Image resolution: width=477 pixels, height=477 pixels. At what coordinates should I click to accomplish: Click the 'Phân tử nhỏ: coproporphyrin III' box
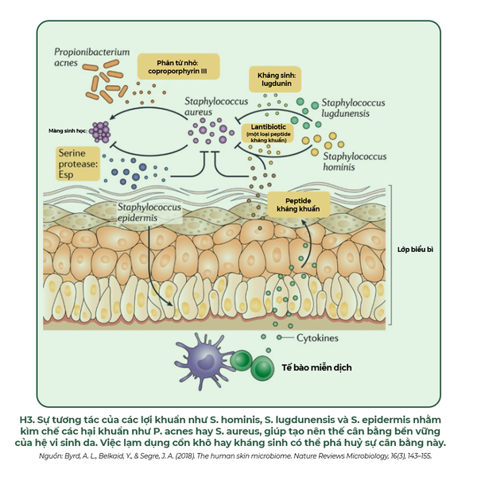[x=176, y=65]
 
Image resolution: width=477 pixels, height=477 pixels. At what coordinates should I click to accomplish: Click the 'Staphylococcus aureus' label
[x=210, y=107]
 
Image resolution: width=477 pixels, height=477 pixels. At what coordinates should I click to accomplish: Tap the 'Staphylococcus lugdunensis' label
[x=353, y=109]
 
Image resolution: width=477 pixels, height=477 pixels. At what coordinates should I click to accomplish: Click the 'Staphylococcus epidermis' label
[x=149, y=212]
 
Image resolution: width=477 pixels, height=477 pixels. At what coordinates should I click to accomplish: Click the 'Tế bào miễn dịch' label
[x=316, y=368]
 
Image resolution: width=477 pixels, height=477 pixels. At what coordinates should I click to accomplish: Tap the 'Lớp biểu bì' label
[x=415, y=249]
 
